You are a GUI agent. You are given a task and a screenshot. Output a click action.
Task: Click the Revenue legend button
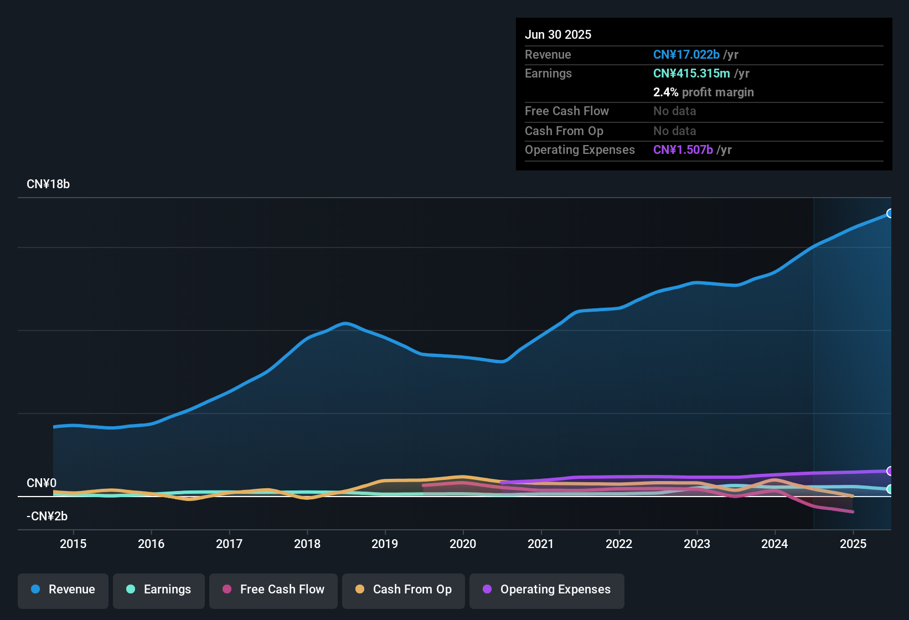click(63, 590)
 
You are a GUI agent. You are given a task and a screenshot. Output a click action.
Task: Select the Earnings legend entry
click(159, 590)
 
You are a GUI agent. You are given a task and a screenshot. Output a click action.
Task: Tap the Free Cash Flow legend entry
click(273, 590)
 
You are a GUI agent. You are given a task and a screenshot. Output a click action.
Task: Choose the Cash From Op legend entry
click(404, 590)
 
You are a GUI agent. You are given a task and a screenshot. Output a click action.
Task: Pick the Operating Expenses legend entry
click(547, 590)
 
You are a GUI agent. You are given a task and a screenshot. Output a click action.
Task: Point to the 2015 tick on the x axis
click(73, 544)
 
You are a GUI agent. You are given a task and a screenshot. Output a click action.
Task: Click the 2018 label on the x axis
click(307, 544)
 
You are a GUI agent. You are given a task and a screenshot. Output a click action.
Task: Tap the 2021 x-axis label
click(541, 544)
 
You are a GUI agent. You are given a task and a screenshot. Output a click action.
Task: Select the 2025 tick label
click(853, 544)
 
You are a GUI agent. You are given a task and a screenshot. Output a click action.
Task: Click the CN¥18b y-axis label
click(48, 184)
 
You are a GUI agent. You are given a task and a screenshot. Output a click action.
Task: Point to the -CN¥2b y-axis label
click(47, 516)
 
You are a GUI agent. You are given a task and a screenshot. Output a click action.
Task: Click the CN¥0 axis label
click(42, 483)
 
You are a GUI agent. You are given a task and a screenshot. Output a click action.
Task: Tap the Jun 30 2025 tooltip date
click(558, 35)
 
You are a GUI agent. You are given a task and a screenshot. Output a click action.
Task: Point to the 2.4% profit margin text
click(703, 92)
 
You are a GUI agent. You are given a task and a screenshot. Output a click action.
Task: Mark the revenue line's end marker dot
click(890, 213)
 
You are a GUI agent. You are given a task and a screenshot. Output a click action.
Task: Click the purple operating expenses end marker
click(890, 471)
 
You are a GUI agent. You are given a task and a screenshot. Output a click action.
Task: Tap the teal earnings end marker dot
click(890, 489)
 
